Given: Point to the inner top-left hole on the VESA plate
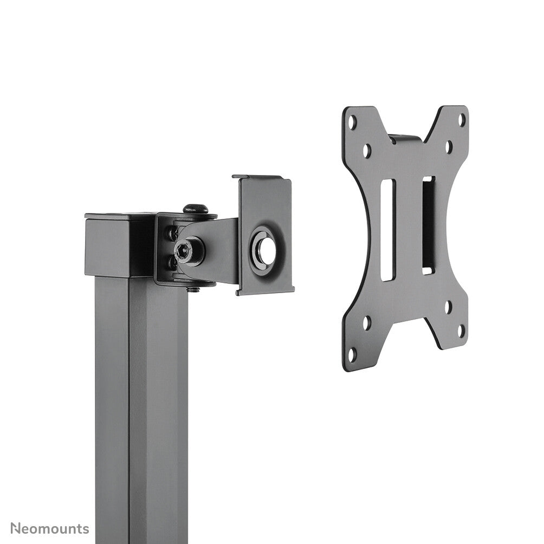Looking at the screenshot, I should [x=367, y=150].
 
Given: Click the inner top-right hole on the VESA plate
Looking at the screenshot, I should [x=449, y=146].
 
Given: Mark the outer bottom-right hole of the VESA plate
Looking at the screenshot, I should [x=461, y=331].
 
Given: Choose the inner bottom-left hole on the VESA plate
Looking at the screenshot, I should [x=367, y=323].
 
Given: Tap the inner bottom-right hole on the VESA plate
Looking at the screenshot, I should [x=448, y=306].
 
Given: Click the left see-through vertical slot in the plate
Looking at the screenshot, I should [x=387, y=230].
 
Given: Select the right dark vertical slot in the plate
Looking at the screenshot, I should [x=428, y=225].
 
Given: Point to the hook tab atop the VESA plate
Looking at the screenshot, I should [x=405, y=138].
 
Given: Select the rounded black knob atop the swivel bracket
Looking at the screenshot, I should [x=196, y=208].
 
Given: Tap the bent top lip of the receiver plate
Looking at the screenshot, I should [x=262, y=178].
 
